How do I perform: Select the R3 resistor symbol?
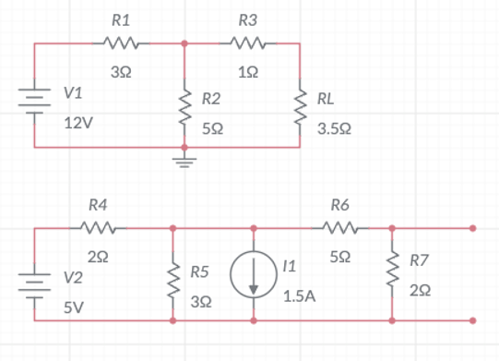coord(248,42)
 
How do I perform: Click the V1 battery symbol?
coord(35,96)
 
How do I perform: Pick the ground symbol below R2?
coord(184,162)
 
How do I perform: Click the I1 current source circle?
coord(254,275)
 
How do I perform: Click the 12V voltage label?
coord(77,122)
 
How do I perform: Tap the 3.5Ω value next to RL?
coord(333,129)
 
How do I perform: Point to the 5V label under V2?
coord(73,306)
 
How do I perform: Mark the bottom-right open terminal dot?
coord(473,321)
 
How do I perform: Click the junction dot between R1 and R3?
coord(184,42)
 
